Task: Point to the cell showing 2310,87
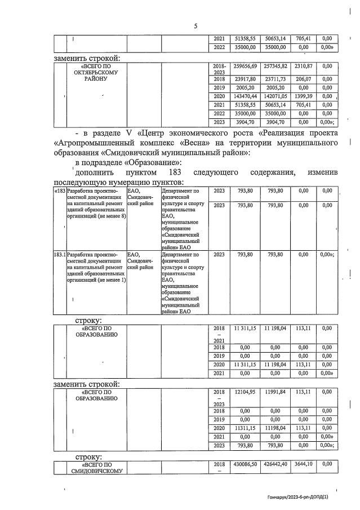pyautogui.click(x=304, y=66)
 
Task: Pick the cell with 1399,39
pyautogui.click(x=304, y=97)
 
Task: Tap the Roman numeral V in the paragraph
pyautogui.click(x=128, y=133)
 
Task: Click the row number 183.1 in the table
pyautogui.click(x=59, y=255)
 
